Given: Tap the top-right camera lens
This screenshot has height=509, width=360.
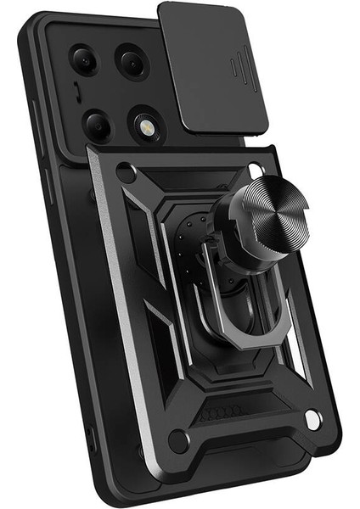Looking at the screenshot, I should tap(132, 60).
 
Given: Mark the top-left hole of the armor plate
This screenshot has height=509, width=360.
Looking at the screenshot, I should tap(126, 173).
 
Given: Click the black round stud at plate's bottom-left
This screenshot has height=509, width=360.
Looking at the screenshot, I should tap(177, 439).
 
